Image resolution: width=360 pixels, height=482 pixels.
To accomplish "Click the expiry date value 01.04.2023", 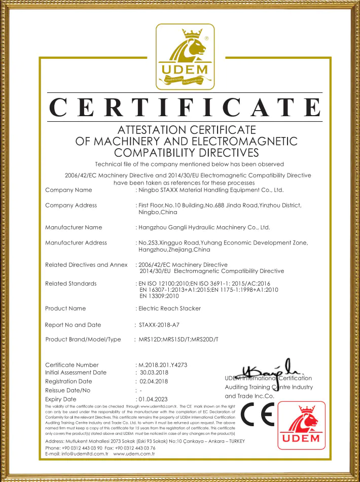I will [x=154, y=399].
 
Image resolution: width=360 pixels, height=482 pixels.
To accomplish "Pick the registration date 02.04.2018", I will [x=154, y=381].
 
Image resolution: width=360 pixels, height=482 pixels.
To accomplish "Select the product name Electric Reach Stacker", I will [x=170, y=308].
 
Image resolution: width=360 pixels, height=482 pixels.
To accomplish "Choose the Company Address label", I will [x=71, y=205].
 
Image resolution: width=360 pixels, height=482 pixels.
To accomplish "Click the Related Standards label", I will [x=71, y=283].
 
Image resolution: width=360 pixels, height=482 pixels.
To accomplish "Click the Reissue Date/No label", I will [x=68, y=390].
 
